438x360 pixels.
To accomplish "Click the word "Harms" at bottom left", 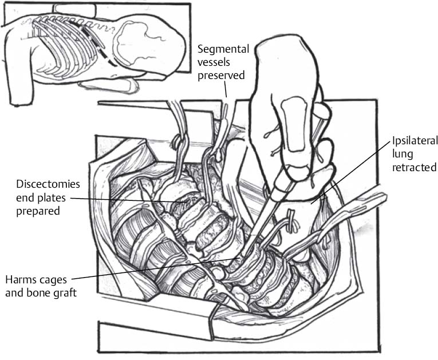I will (x=19, y=280).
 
